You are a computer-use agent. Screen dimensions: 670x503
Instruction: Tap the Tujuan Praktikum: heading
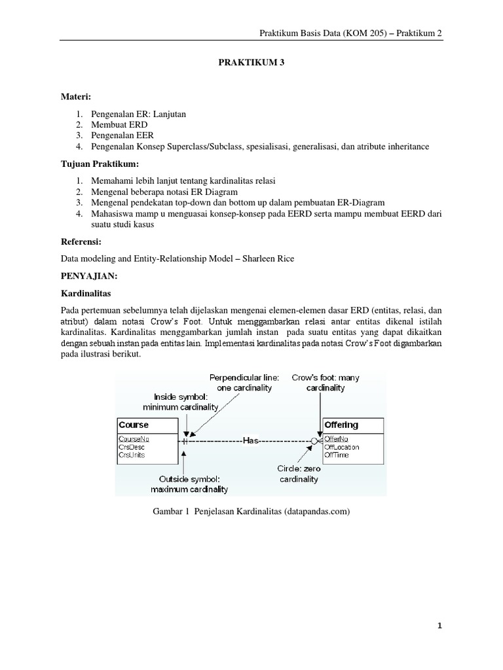click(100, 162)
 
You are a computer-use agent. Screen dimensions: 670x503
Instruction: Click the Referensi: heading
click(82, 241)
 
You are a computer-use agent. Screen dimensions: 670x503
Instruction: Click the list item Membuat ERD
click(119, 124)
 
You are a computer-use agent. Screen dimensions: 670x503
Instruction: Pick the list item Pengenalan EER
click(122, 135)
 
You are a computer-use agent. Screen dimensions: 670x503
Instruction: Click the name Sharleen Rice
click(268, 258)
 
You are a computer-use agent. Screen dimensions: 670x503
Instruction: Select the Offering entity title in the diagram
click(341, 425)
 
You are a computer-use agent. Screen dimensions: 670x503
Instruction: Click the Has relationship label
click(251, 441)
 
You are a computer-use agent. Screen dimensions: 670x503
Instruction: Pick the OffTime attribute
click(338, 455)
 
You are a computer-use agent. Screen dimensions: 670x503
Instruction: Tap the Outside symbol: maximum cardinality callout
click(187, 484)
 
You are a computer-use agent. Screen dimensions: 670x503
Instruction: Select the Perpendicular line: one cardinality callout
click(245, 383)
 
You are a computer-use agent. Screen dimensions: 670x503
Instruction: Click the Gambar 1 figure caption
click(251, 512)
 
